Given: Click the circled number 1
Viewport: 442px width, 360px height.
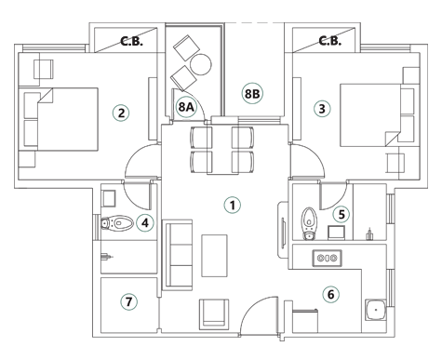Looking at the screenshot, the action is pyautogui.click(x=232, y=205).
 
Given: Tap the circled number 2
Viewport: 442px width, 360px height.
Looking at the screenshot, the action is pyautogui.click(x=120, y=113).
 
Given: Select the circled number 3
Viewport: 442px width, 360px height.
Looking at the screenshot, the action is pyautogui.click(x=322, y=108).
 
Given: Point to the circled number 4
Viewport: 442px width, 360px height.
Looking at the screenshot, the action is pyautogui.click(x=144, y=222).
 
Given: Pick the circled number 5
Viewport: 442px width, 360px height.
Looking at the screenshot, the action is pyautogui.click(x=342, y=214).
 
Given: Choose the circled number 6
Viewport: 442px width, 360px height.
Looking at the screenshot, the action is pyautogui.click(x=329, y=295).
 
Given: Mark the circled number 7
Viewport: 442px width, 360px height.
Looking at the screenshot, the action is pyautogui.click(x=129, y=301).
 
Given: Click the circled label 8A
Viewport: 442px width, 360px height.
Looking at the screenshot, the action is pyautogui.click(x=185, y=107).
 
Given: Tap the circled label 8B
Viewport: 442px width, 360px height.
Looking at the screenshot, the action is pyautogui.click(x=252, y=94).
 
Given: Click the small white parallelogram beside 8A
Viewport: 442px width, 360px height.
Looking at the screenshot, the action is pyautogui.click(x=201, y=94).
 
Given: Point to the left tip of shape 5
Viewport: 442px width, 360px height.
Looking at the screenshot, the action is pyautogui.click(x=325, y=216).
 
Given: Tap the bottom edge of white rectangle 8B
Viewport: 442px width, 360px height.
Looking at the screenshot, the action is pyautogui.click(x=254, y=115).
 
